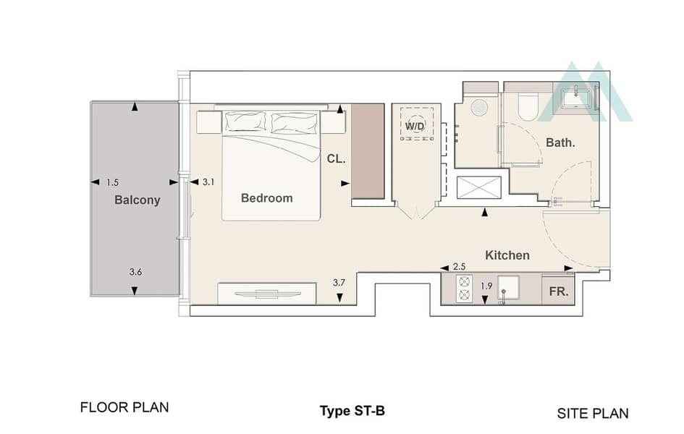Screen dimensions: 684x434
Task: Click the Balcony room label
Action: point(137,200)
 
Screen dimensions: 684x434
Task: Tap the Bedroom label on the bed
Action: point(266,198)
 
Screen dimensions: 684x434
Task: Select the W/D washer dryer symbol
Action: point(417,124)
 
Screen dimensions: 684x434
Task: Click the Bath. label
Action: point(560,142)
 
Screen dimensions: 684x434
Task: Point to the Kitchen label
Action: point(507,255)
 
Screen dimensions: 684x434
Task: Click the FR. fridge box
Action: point(558,291)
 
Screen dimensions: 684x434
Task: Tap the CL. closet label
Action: point(336,159)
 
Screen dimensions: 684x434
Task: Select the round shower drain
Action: point(479,108)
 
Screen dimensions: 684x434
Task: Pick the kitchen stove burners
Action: point(464,289)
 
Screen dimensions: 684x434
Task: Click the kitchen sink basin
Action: point(509,289)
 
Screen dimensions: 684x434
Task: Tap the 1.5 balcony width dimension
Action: point(112,182)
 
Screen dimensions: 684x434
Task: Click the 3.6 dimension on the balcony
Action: point(135,272)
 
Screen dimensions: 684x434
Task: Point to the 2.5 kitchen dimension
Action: point(460,267)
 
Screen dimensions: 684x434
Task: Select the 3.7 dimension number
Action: point(339,282)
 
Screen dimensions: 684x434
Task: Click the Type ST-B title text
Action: point(352,411)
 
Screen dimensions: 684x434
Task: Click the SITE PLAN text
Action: point(593,414)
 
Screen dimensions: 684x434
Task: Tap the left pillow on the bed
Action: point(245,121)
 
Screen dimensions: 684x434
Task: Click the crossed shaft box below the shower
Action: point(479,188)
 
